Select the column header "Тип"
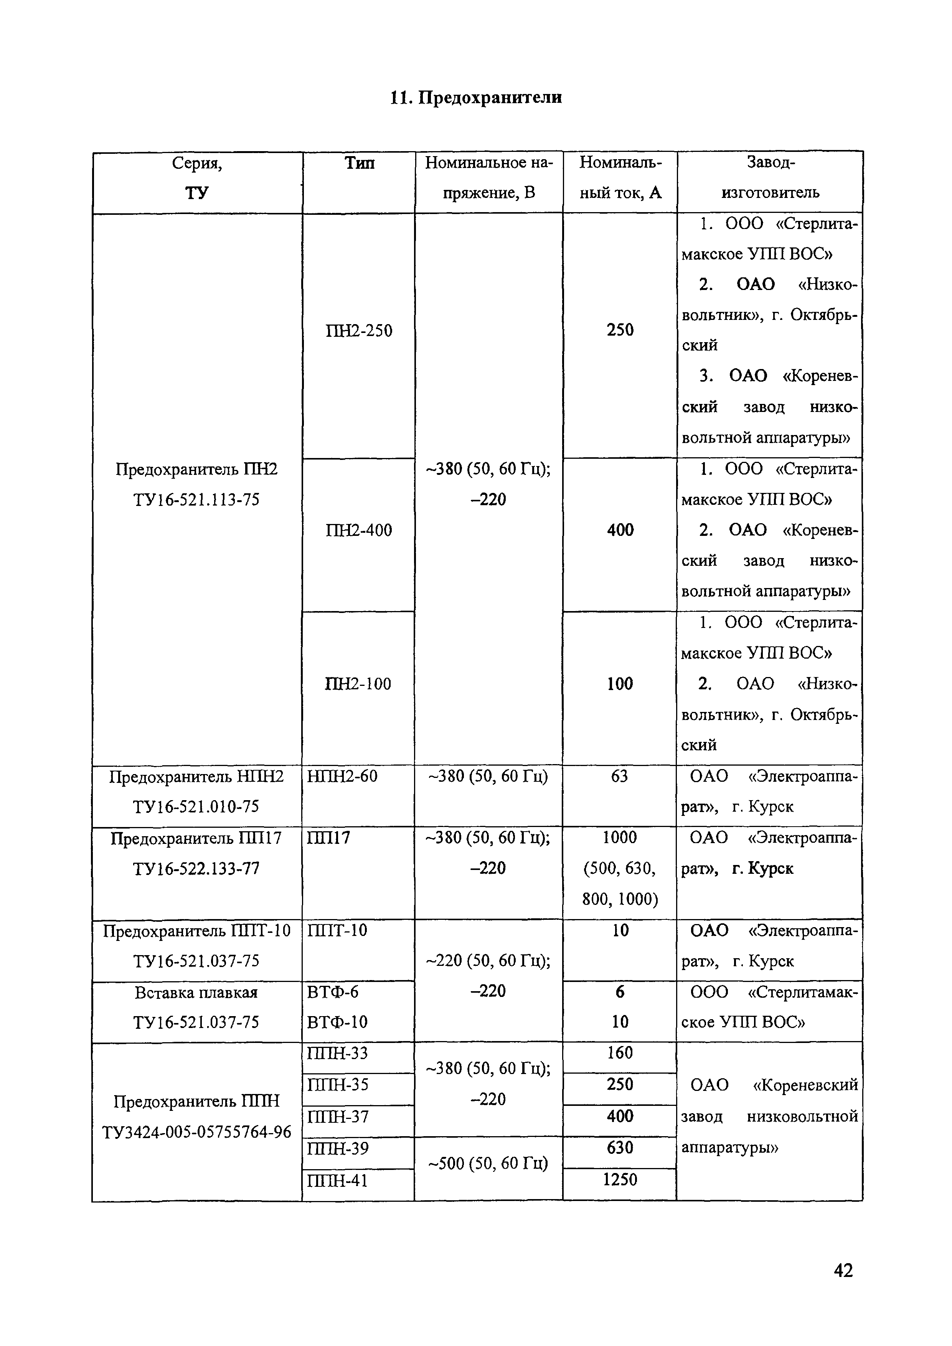tap(359, 163)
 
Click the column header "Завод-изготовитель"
tap(770, 177)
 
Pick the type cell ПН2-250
tap(359, 331)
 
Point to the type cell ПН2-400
tap(359, 530)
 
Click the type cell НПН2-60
tap(343, 777)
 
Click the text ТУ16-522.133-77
tap(196, 868)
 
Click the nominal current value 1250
tap(620, 1180)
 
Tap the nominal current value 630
tap(620, 1147)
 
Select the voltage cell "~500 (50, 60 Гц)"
tap(488, 1164)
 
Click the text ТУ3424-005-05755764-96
tap(196, 1132)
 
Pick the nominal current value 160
tap(620, 1053)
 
